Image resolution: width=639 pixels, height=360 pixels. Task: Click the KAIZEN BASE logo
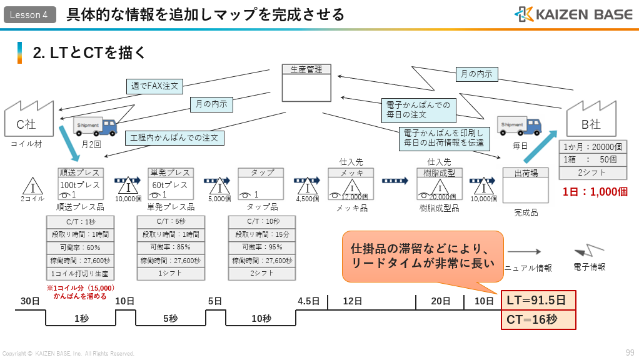point(573,14)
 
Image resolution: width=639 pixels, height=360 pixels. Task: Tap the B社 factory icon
point(590,121)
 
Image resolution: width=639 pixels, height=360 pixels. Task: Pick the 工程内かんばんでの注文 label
point(174,137)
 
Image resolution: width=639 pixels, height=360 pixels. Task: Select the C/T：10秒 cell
point(261,221)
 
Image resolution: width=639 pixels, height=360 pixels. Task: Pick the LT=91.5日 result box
point(538,301)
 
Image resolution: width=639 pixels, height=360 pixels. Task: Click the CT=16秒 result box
point(538,319)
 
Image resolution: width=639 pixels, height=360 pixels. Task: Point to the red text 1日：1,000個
point(594,192)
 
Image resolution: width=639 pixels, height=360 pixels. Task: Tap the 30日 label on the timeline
point(30,301)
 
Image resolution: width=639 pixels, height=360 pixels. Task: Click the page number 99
point(630,352)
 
